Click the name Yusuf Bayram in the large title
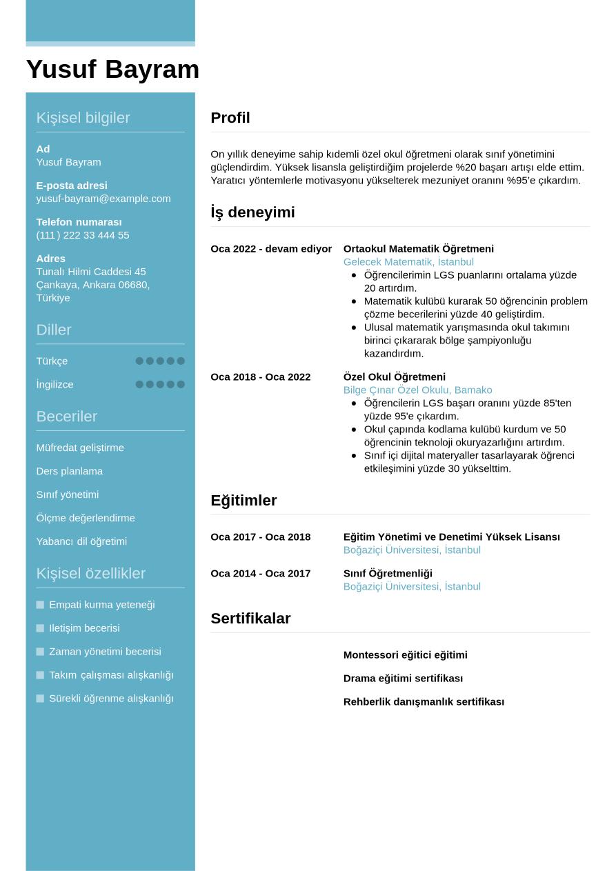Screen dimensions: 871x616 112,70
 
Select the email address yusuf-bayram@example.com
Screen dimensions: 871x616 103,199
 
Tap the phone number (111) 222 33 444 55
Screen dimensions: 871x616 83,235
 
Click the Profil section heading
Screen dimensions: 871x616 230,118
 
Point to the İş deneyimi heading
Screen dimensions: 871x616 252,212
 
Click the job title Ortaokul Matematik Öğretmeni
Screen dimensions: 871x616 419,249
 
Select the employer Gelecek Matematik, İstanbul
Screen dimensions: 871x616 408,262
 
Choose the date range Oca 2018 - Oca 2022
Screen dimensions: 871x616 261,377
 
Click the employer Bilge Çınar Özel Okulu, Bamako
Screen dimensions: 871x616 418,390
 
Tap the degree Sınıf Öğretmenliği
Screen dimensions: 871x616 388,574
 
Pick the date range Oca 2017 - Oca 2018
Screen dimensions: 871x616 261,537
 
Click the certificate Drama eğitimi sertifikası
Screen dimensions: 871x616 403,679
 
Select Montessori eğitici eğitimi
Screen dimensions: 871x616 406,655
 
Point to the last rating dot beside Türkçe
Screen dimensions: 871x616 181,361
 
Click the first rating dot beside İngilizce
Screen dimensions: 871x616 139,384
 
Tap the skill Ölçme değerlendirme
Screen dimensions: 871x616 86,518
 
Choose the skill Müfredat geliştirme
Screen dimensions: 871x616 80,448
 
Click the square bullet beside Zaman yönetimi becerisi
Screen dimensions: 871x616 40,652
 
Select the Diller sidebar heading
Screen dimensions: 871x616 54,330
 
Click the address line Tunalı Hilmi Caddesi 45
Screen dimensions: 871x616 91,272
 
